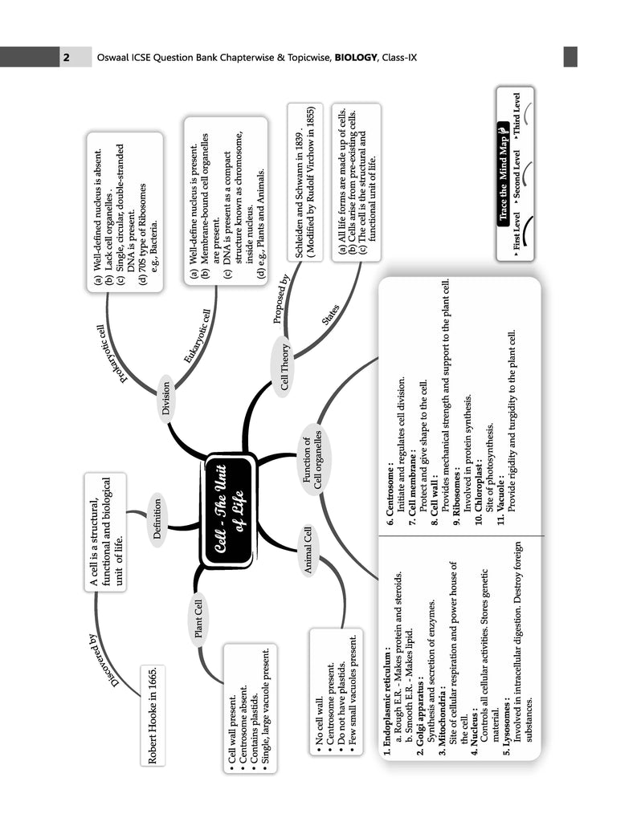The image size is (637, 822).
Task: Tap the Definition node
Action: coord(156,519)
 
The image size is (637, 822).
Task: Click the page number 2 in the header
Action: coord(67,57)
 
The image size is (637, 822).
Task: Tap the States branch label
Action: coord(330,315)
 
